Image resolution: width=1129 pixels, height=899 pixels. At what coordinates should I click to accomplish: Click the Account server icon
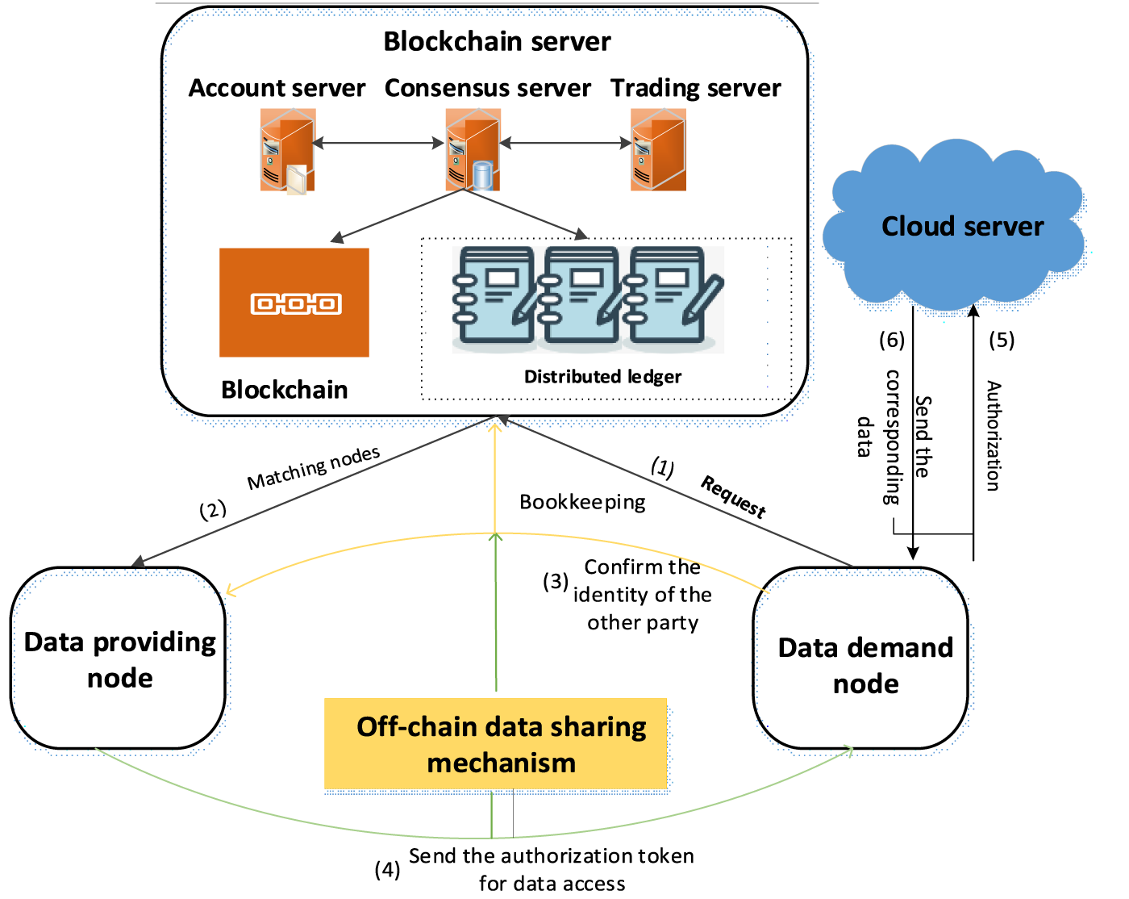click(x=286, y=151)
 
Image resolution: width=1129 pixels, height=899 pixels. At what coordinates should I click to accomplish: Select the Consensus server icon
click(x=473, y=151)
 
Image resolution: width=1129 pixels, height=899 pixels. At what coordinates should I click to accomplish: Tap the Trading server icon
click(x=658, y=151)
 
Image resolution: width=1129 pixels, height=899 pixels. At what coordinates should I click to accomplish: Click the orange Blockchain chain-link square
click(x=294, y=303)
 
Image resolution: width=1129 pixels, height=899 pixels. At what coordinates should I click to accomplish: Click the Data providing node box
click(x=119, y=659)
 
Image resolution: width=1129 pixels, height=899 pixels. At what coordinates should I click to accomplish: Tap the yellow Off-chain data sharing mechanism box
click(x=496, y=743)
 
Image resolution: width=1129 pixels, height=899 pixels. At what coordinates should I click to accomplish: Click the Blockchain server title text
click(x=497, y=41)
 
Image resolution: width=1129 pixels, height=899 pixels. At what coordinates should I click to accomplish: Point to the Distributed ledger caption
click(x=602, y=377)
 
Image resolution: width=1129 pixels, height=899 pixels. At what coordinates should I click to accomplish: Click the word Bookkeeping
click(x=582, y=502)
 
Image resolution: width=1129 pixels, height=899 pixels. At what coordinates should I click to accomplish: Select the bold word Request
click(x=733, y=496)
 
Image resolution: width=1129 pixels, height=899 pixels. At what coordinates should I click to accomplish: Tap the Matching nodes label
click(x=314, y=468)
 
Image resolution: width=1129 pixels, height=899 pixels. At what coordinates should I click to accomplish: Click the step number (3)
click(x=556, y=581)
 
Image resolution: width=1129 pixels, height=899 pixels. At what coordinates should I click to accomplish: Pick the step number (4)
click(x=387, y=869)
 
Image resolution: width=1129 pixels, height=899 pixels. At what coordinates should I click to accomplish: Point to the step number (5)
click(x=1002, y=340)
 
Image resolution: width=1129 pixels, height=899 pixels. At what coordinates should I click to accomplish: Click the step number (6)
click(x=892, y=340)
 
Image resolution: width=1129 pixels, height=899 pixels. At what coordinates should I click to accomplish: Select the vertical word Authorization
click(x=994, y=436)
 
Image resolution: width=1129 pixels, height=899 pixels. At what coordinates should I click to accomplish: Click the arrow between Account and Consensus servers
click(x=377, y=144)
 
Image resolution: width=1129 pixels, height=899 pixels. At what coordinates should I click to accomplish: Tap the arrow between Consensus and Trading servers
click(x=565, y=144)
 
